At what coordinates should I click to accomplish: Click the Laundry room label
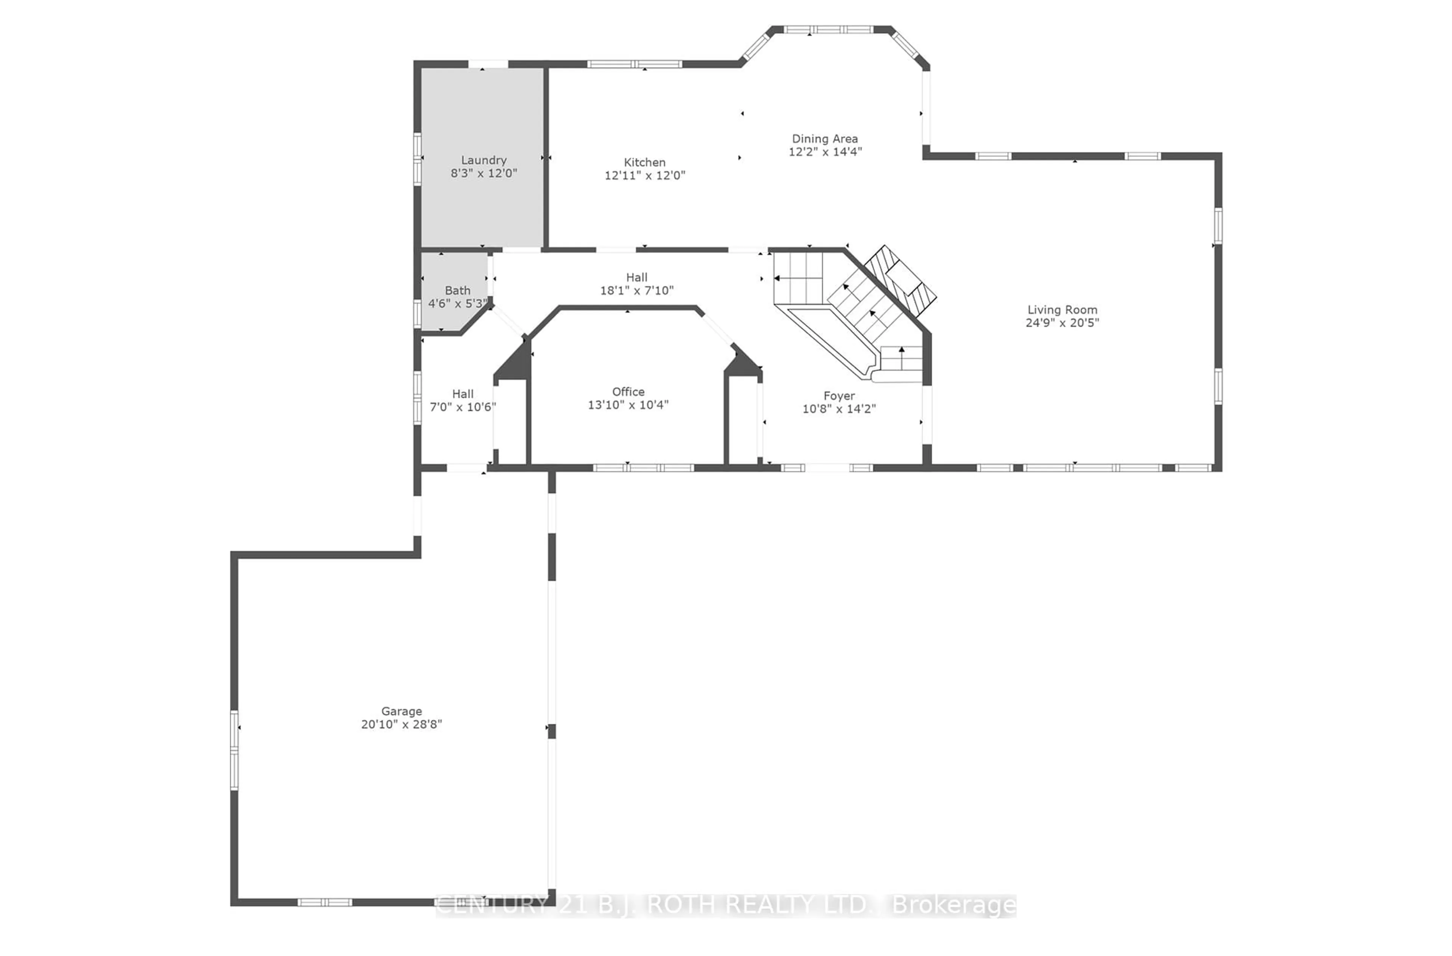point(483,160)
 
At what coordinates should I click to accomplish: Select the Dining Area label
point(824,138)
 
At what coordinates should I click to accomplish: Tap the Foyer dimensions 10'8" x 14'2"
point(838,409)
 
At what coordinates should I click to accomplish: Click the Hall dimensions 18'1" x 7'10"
point(636,290)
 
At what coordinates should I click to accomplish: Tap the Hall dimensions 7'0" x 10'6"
point(462,407)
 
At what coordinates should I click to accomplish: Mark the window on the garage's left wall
point(234,750)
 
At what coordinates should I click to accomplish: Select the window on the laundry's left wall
point(417,158)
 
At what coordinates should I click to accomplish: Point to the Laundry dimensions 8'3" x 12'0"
point(483,173)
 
